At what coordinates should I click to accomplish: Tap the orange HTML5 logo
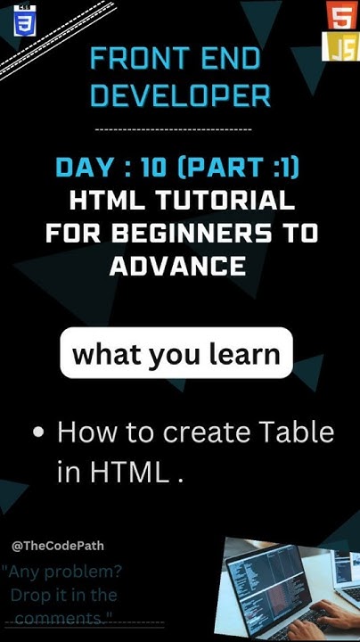coord(340,16)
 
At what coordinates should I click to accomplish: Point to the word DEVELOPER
coord(180,95)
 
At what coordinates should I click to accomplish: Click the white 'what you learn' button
coord(176,354)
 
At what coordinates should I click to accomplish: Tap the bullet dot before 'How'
coord(38,433)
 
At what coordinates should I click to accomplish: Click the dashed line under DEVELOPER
coord(172,129)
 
